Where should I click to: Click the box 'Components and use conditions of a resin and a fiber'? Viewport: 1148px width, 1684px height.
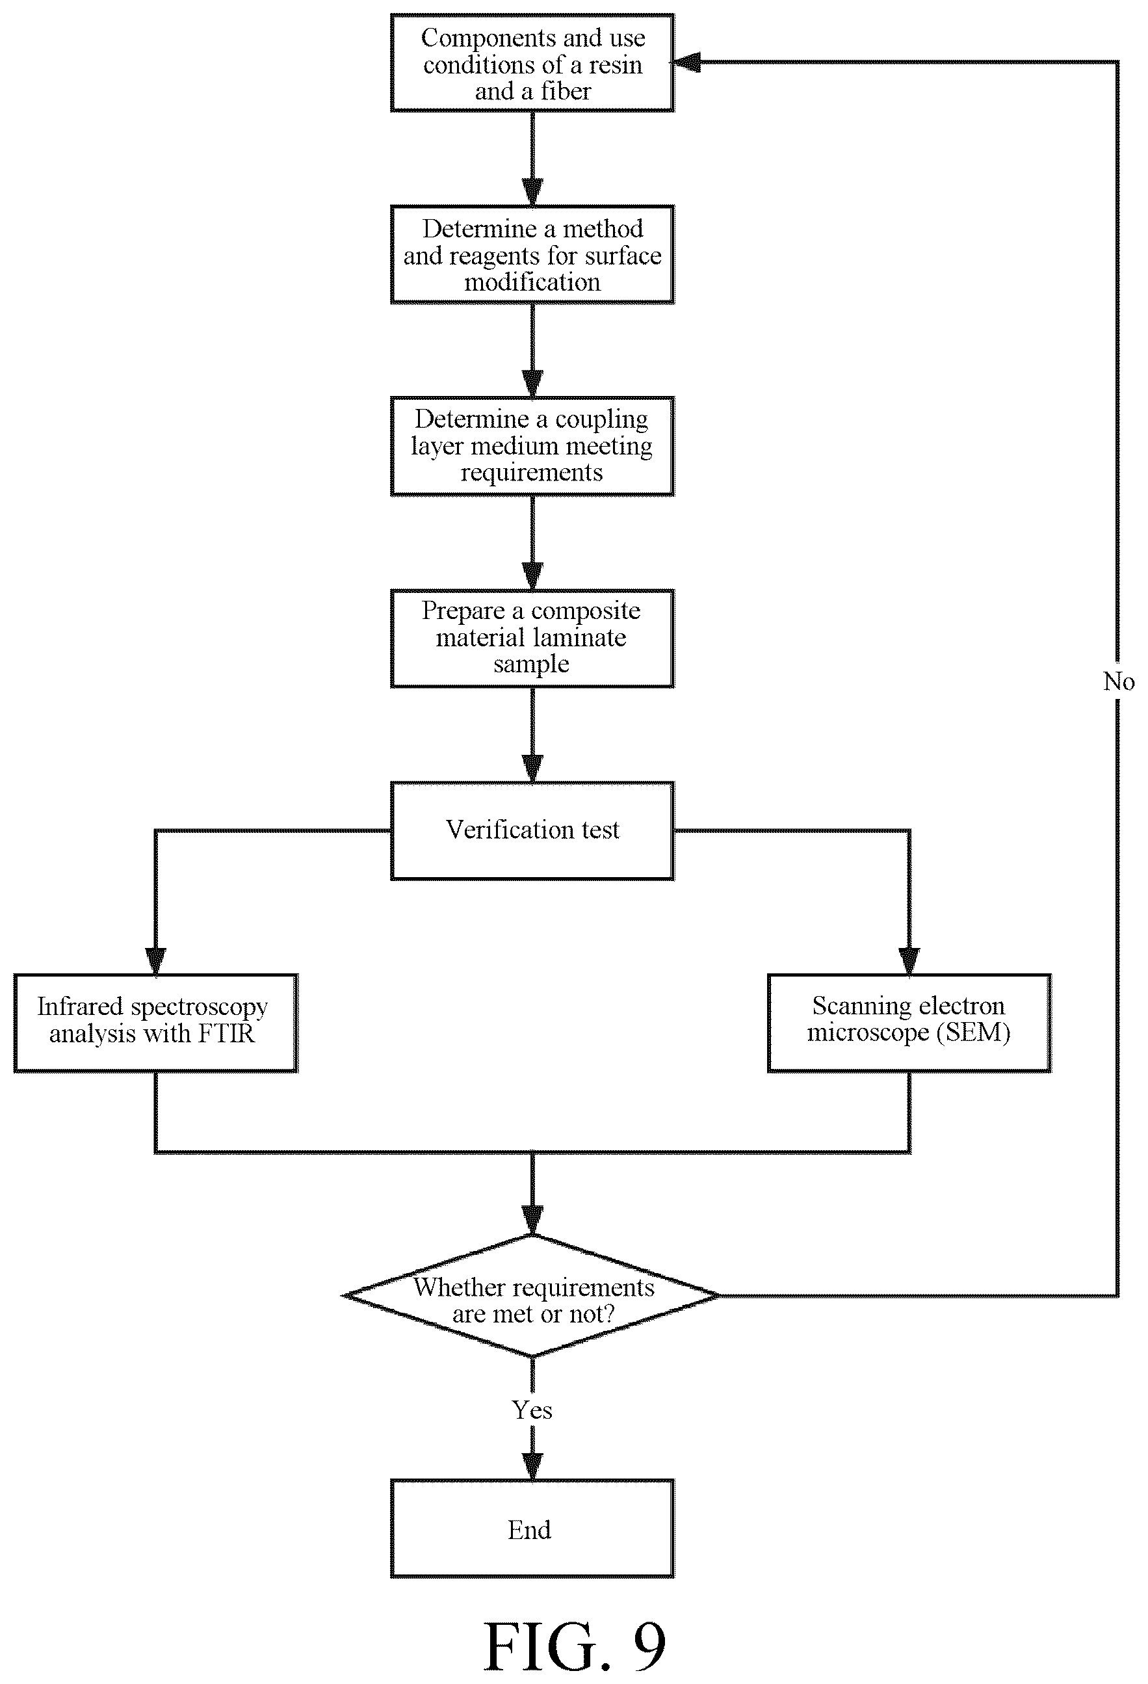click(532, 63)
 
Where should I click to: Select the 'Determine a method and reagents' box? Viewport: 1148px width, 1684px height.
click(532, 254)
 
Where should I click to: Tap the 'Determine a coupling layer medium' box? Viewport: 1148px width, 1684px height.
click(532, 445)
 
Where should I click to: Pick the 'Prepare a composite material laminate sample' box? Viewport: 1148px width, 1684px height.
click(532, 638)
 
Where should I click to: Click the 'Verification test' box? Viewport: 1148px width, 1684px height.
click(532, 830)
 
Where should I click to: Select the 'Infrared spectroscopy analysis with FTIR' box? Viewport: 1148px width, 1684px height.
click(156, 1022)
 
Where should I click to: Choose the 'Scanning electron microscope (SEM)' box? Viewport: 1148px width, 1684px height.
click(909, 1022)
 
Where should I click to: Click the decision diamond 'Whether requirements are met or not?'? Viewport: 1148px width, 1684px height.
click(532, 1296)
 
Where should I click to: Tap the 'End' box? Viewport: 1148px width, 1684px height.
click(532, 1529)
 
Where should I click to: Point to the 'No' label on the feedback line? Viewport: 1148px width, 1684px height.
click(1118, 681)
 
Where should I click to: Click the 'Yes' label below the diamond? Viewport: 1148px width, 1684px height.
click(532, 1410)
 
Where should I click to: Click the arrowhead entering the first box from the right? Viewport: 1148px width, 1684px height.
click(686, 63)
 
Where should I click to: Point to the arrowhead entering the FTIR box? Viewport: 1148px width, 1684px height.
click(156, 962)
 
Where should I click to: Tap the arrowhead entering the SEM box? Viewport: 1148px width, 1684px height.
click(909, 962)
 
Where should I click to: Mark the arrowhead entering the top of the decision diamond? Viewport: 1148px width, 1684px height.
click(532, 1220)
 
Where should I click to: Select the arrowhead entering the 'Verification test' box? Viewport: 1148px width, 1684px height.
click(532, 769)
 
